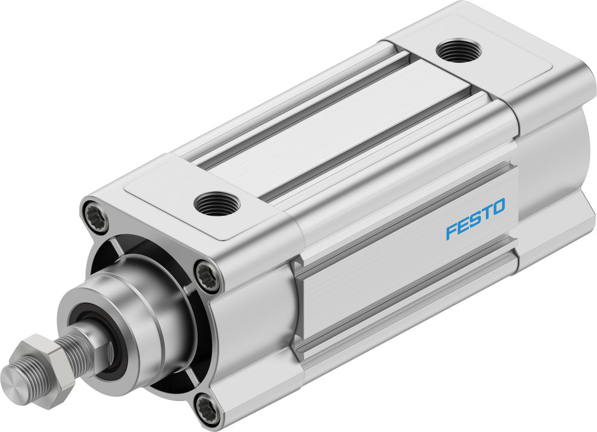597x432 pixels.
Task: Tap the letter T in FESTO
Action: coord(487,213)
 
